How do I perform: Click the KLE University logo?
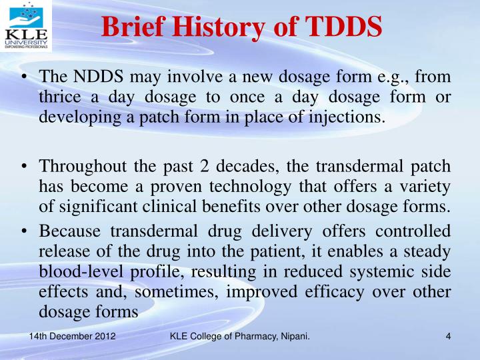coord(25,27)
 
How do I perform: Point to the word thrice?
coord(59,97)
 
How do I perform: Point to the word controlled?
coord(414,231)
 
